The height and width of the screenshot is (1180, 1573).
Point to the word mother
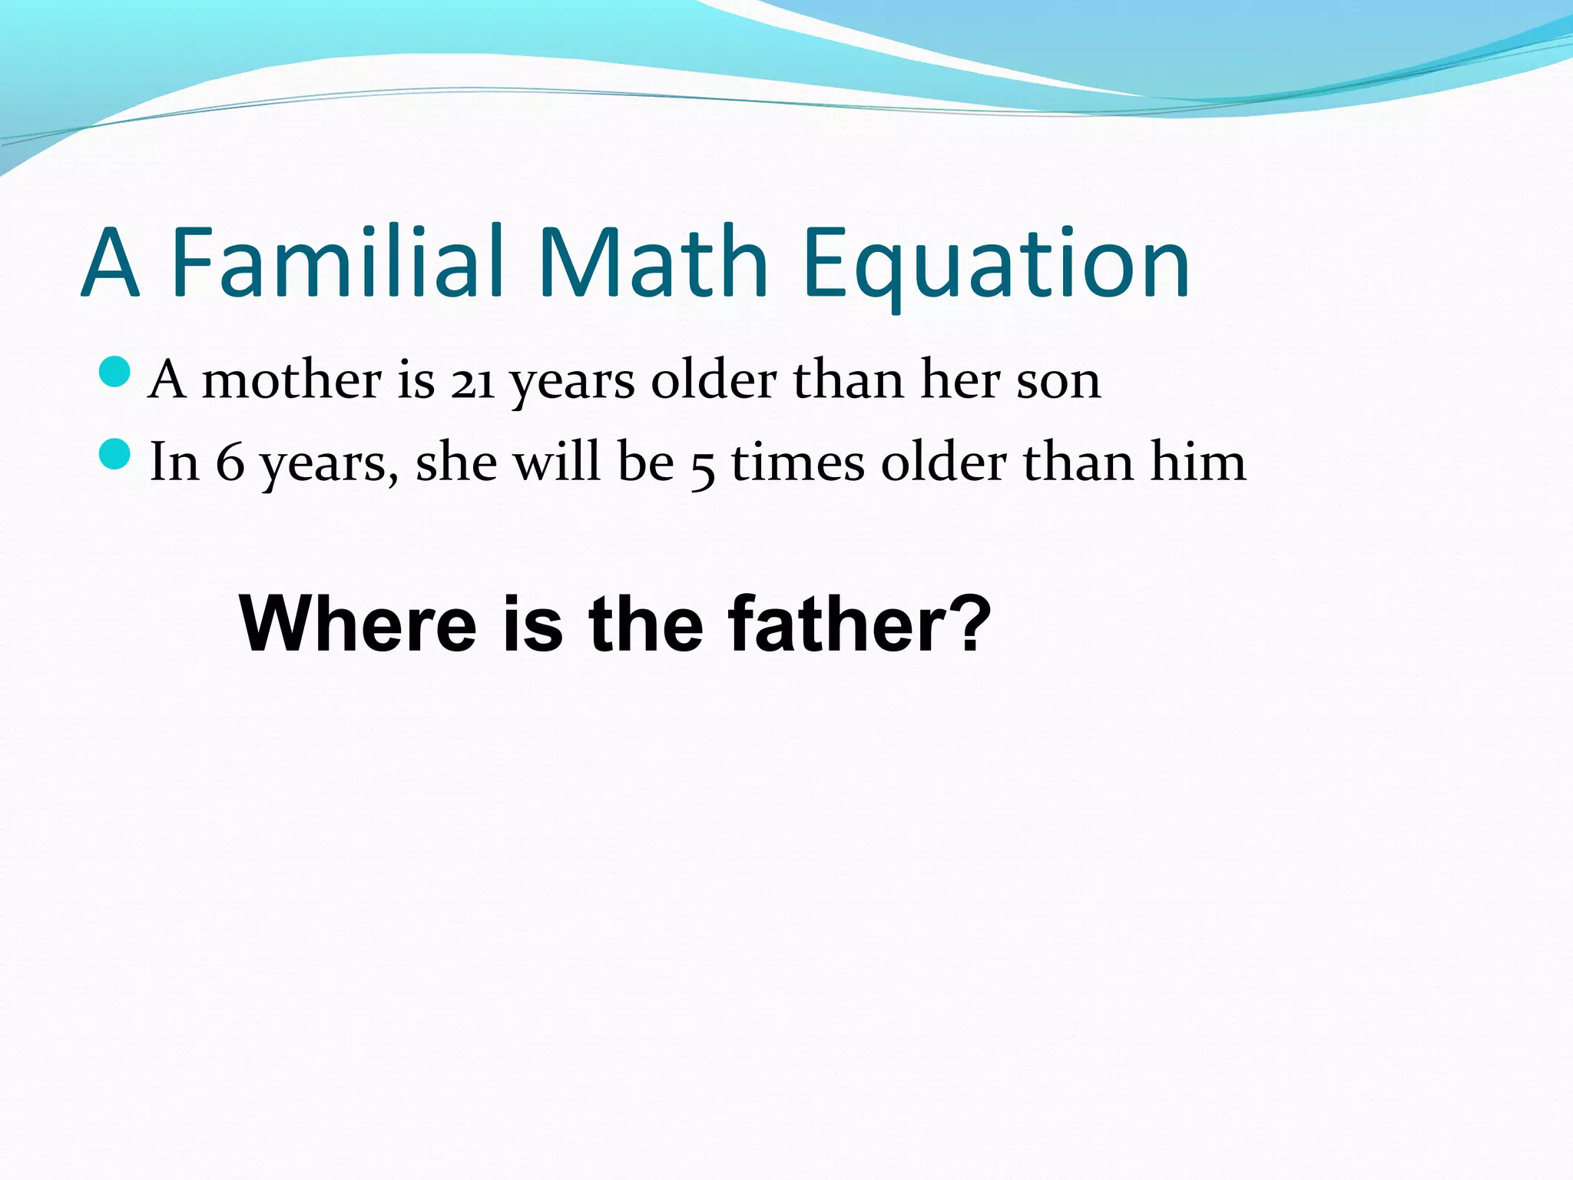click(291, 380)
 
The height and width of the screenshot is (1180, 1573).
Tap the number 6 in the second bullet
click(230, 462)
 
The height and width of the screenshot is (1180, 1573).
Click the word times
click(797, 462)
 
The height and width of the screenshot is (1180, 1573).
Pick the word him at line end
click(1197, 462)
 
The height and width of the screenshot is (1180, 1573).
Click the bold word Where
click(358, 623)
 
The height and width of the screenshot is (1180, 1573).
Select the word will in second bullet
click(556, 462)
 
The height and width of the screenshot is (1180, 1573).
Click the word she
click(455, 462)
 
